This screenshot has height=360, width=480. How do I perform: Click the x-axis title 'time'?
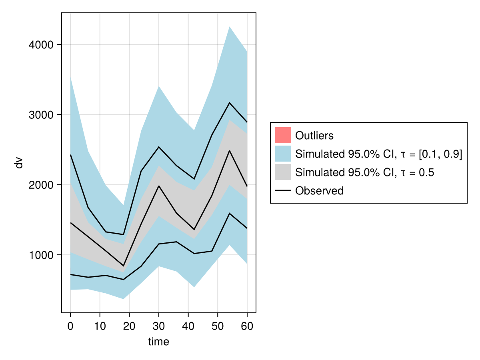click(158, 342)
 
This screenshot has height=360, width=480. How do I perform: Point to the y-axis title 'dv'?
click(19, 163)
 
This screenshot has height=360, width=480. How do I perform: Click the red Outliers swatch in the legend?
click(283, 135)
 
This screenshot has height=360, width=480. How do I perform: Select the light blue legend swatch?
click(283, 154)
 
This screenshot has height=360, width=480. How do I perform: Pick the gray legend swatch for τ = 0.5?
click(283, 172)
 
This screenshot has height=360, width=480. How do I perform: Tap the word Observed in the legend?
click(319, 191)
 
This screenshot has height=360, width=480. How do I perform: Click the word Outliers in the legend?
click(314, 136)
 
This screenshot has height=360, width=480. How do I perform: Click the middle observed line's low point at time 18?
click(123, 266)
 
